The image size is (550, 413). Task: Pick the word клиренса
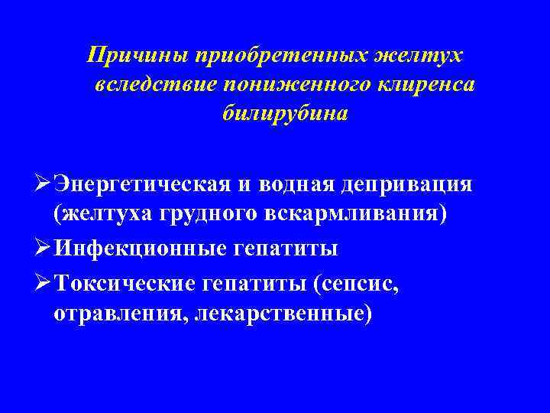coord(432,84)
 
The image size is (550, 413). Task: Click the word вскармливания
coord(357,215)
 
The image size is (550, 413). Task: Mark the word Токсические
coord(136,282)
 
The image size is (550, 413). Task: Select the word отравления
coord(119,313)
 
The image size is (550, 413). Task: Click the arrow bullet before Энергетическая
coord(43,186)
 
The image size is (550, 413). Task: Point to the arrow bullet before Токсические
coord(43,282)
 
